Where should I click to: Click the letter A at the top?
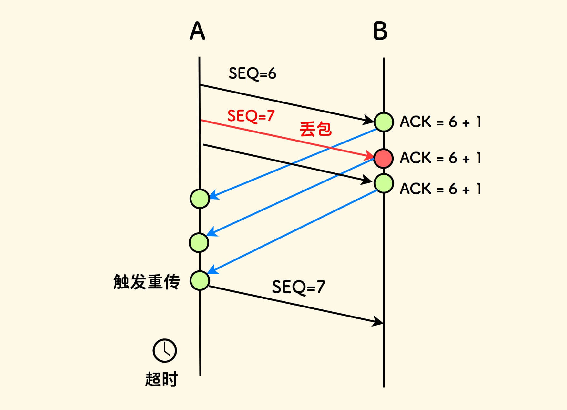[x=197, y=31]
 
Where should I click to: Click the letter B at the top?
[x=380, y=31]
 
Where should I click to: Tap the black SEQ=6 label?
[x=252, y=74]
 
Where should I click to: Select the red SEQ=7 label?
[x=251, y=116]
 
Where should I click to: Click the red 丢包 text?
[x=315, y=129]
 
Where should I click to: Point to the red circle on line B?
[x=383, y=158]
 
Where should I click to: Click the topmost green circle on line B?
[x=384, y=122]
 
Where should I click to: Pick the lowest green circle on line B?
[x=384, y=183]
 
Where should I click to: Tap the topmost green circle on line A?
[x=200, y=199]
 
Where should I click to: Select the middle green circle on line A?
[x=199, y=242]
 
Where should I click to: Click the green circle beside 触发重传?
[x=200, y=280]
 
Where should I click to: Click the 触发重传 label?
[x=147, y=282]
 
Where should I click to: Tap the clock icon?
[x=165, y=351]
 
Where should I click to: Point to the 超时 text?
[x=161, y=379]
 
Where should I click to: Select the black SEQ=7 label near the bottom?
[x=298, y=287]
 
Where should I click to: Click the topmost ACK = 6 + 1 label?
[x=440, y=122]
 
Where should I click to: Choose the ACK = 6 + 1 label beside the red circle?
[x=440, y=158]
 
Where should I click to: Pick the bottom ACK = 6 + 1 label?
[x=440, y=189]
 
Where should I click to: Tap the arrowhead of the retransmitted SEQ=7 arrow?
[x=378, y=321]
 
